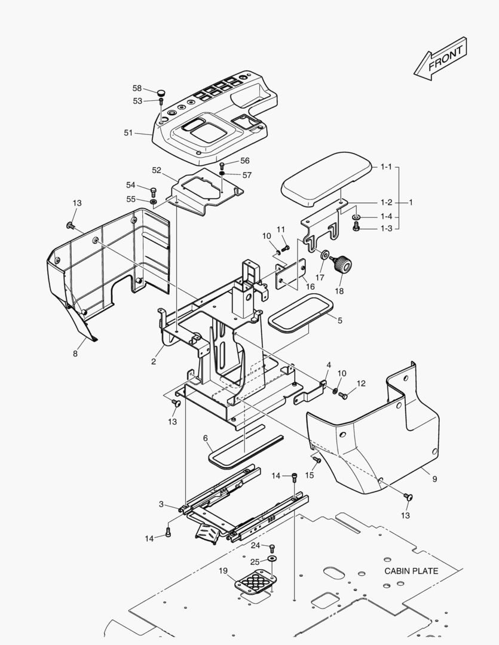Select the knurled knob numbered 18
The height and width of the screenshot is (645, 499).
pos(344,264)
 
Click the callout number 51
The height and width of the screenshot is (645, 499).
pos(128,133)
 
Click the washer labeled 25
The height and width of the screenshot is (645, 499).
pos(273,558)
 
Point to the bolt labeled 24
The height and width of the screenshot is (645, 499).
pos(273,547)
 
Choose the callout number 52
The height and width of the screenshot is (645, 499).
pos(157,170)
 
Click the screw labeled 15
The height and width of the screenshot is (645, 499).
pos(317,460)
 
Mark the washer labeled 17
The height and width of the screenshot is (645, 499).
pos(324,256)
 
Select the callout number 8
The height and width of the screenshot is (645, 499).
pos(75,354)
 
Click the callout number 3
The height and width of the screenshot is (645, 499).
pos(161,505)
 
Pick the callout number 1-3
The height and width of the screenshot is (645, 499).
pos(387,229)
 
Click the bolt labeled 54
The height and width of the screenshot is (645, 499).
pos(152,191)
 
